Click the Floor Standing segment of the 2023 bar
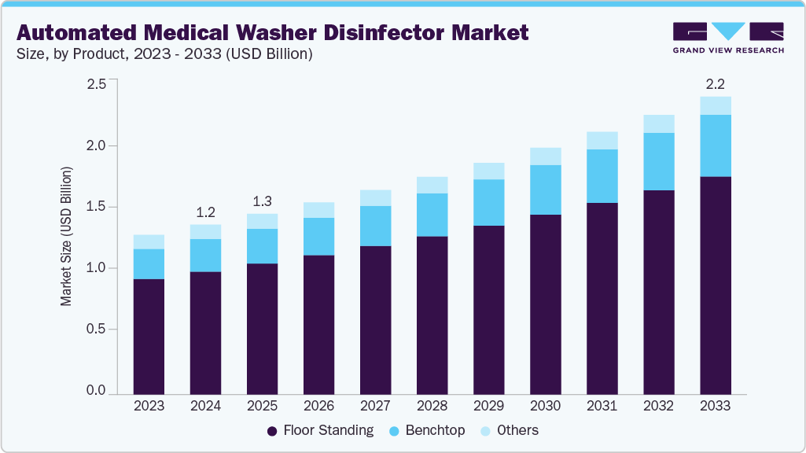tap(149, 336)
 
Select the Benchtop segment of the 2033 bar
tap(715, 145)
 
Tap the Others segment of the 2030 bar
tap(545, 156)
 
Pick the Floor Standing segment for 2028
tap(432, 315)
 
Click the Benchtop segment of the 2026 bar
tap(318, 236)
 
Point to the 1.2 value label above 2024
tap(205, 212)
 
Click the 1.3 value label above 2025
tap(262, 201)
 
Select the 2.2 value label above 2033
tap(715, 84)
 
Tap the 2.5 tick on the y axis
tap(96, 84)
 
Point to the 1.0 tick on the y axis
tap(96, 268)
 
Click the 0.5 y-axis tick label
tap(96, 330)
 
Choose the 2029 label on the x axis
tap(488, 406)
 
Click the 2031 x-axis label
tap(602, 406)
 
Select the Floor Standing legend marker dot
tap(272, 431)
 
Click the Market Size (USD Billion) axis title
tap(67, 236)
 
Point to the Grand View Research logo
tap(727, 37)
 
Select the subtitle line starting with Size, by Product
tap(165, 54)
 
